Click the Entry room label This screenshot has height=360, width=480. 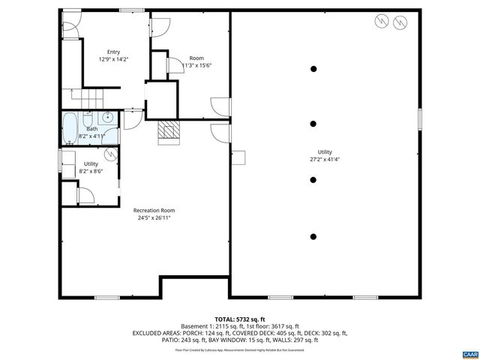[113, 52]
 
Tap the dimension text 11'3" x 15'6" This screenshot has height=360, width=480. [197, 65]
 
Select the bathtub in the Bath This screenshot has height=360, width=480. [69, 127]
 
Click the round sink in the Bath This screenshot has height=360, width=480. [108, 117]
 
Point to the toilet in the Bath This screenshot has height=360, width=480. [88, 121]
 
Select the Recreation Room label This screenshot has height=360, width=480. [154, 211]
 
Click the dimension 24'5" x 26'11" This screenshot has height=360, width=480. [154, 218]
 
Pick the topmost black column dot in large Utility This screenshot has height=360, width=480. [313, 69]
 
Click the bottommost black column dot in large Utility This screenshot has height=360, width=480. [313, 236]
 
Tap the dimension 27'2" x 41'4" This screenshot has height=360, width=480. [325, 159]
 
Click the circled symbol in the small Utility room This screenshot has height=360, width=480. [111, 154]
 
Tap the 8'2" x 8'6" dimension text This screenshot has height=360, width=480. [91, 171]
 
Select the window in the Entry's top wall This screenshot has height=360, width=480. [128, 10]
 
